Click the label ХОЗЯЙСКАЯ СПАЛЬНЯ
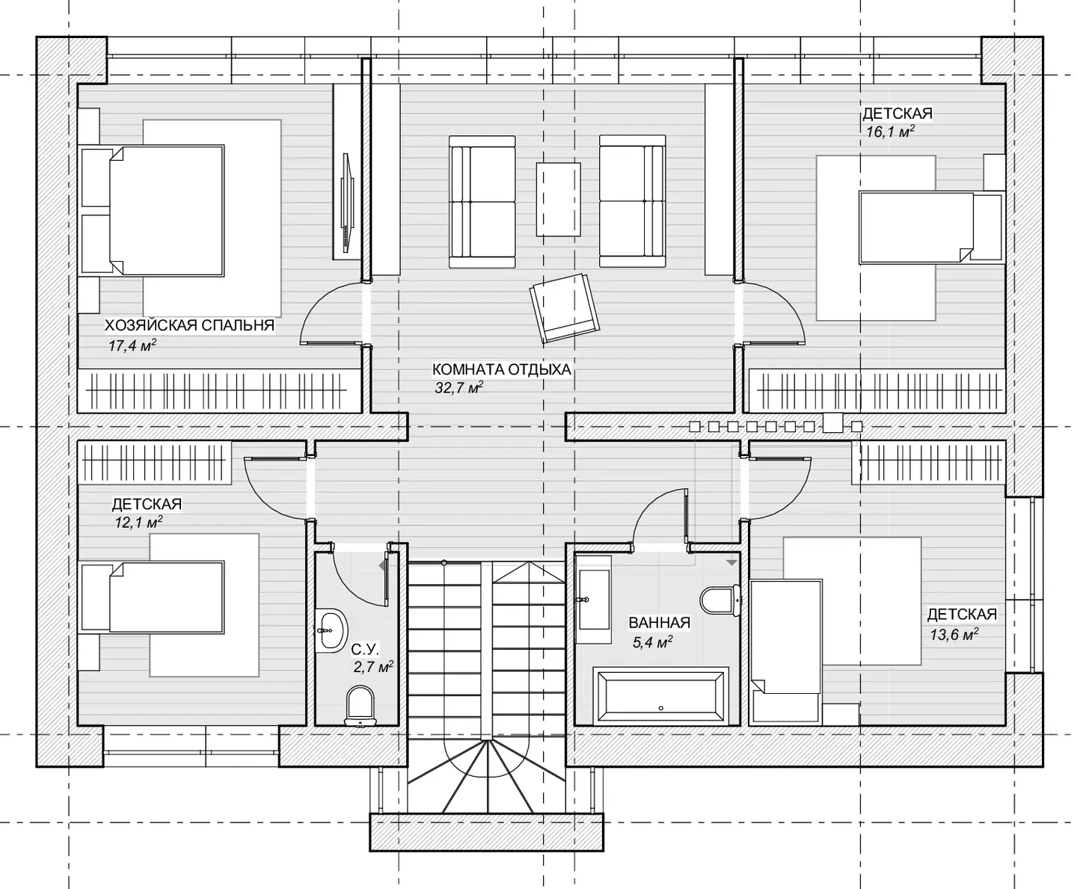(189, 325)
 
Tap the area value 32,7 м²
(458, 387)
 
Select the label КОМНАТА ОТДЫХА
(501, 369)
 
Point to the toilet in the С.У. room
(360, 705)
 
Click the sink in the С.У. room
(331, 630)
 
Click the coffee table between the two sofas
(558, 200)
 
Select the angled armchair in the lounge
(565, 308)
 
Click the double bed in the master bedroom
(153, 210)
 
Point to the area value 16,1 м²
(890, 132)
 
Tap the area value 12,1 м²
(138, 523)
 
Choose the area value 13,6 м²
(954, 634)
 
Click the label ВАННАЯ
(659, 623)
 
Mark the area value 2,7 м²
(373, 667)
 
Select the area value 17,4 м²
(132, 345)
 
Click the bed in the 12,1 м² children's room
(153, 597)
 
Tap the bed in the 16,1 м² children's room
(932, 227)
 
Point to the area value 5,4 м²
(652, 642)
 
